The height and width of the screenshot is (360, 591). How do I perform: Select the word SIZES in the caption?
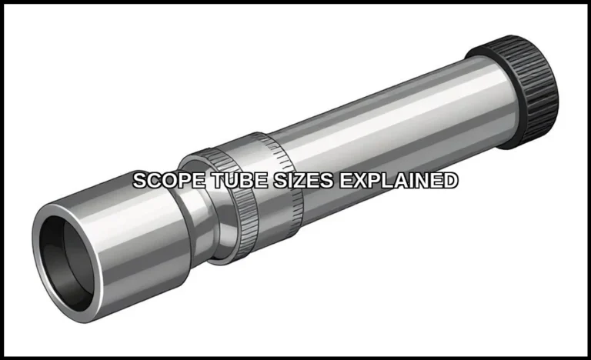(x=275, y=182)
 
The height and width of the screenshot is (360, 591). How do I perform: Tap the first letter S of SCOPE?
(x=139, y=182)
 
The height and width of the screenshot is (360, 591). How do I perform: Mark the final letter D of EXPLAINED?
(x=450, y=182)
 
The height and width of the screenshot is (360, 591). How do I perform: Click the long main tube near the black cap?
(x=431, y=115)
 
